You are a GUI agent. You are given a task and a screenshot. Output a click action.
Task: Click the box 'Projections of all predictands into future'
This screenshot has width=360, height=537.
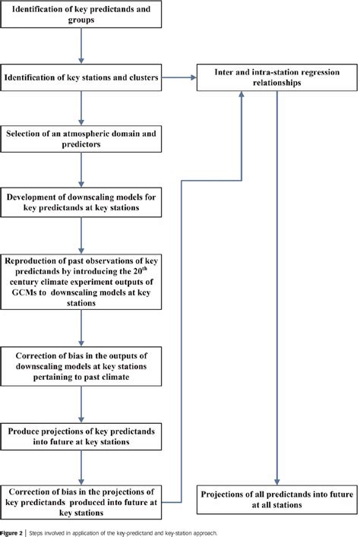pos(275,497)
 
